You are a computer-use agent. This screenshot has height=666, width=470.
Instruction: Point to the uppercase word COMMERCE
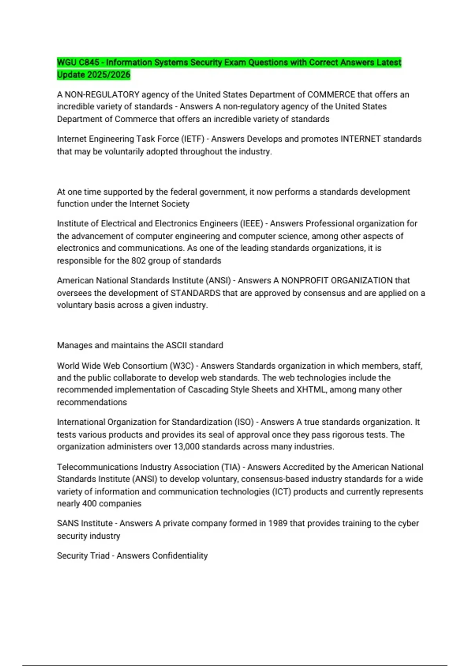tap(331, 94)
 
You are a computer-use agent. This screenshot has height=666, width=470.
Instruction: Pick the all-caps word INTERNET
tap(360, 139)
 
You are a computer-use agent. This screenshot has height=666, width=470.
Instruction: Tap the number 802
tap(138, 261)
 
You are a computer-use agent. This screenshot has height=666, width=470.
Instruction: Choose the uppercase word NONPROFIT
tap(306, 281)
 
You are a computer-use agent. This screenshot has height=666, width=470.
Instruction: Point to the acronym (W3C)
tap(181, 366)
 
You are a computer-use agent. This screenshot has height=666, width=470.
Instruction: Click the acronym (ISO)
tap(244, 422)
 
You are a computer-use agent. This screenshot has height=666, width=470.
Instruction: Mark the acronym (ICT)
tap(281, 491)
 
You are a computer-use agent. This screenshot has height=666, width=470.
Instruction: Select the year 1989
tap(278, 523)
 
